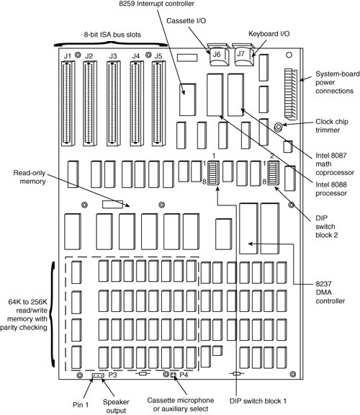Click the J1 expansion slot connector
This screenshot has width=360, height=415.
[x=68, y=104]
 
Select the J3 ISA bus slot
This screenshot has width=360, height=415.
[x=114, y=104]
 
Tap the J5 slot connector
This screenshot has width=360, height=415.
[x=158, y=104]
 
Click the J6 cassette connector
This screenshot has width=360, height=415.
[x=219, y=55]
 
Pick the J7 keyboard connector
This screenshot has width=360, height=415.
[x=244, y=55]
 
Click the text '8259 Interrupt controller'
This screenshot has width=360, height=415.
[x=156, y=4]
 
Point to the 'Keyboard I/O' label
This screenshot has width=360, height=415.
[x=269, y=34]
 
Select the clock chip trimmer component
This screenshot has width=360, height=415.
[x=278, y=127]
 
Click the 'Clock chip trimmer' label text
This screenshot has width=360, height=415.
[x=332, y=125]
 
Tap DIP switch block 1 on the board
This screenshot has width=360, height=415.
[x=213, y=173]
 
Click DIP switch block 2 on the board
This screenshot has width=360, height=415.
[x=273, y=173]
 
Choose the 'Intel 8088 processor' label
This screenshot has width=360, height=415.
[x=331, y=189]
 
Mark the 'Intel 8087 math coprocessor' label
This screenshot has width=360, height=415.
[x=335, y=164]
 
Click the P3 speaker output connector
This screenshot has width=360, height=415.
[x=98, y=375]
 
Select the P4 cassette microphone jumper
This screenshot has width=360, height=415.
[x=174, y=375]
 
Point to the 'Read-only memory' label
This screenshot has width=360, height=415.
[x=30, y=177]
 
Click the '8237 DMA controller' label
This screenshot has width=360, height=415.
[x=330, y=293]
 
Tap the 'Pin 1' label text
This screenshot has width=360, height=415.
[x=81, y=405]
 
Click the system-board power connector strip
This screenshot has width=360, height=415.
[x=291, y=94]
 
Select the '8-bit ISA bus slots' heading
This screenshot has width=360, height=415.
[x=112, y=35]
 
